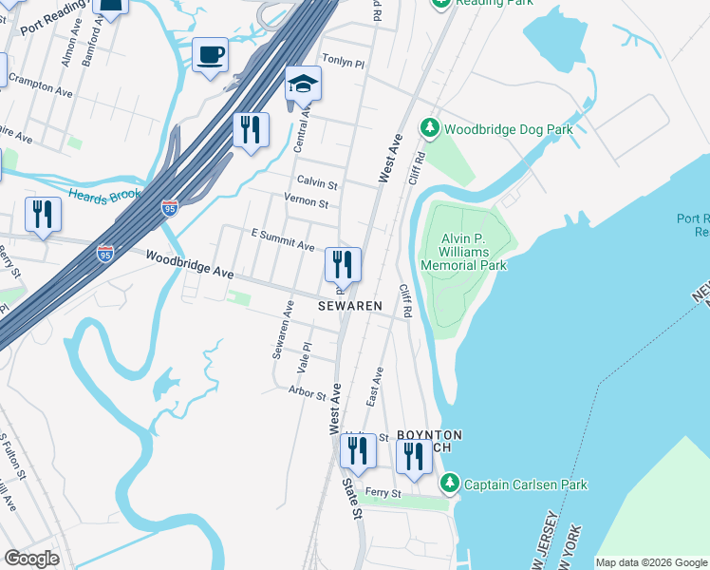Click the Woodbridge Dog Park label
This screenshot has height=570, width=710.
coord(509,128)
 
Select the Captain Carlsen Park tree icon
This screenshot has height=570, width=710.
coord(449,484)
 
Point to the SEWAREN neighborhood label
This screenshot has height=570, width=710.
coord(349,306)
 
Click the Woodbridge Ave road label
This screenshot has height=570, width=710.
coord(190,264)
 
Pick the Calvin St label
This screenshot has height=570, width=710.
coord(317,181)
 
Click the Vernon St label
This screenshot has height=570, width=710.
coord(306,202)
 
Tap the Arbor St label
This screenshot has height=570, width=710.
coord(307,390)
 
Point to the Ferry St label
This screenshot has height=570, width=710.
coord(383,494)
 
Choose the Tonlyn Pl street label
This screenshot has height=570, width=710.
coord(344,62)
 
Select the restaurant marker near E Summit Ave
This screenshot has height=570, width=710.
coord(343,263)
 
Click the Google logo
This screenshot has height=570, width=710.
coord(31,559)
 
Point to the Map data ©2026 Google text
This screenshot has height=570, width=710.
coord(651,562)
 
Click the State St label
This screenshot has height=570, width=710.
coord(352,498)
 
